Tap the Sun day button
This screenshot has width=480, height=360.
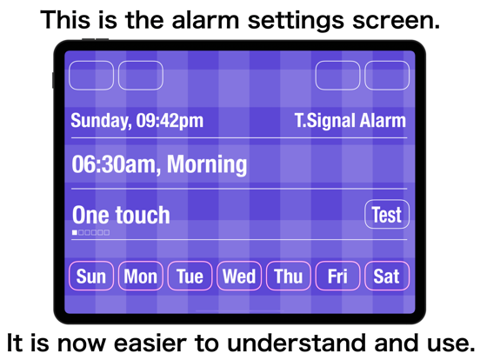91,276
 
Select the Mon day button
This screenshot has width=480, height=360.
141,276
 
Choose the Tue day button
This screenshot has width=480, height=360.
190,276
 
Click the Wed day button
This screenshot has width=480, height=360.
239,276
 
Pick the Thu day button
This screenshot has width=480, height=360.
289,276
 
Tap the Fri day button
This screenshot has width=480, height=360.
337,276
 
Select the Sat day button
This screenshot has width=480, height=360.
387,276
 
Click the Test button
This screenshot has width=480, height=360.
387,214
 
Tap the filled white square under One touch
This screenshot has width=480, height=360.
75,233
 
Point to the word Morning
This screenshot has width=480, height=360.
207,164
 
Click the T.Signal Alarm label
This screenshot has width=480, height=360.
350,120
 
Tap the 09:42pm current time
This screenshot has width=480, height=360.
170,121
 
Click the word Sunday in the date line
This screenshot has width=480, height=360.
101,121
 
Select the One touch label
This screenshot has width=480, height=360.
121,215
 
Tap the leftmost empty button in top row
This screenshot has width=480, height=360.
91,76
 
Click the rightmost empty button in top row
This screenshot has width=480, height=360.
387,76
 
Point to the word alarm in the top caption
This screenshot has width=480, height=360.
205,20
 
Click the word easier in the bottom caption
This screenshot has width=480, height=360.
150,343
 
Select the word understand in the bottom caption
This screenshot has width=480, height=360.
297,343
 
